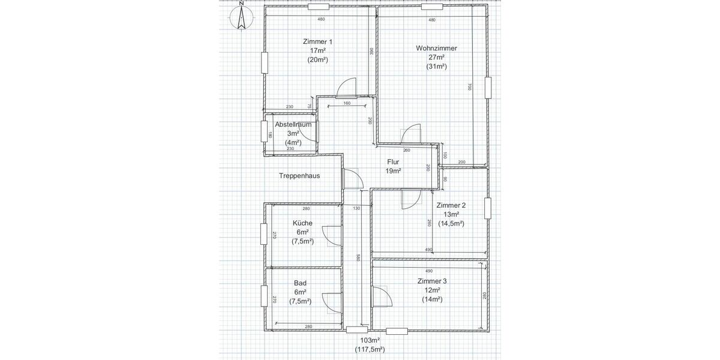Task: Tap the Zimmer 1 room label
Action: tap(317, 41)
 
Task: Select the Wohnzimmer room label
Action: tap(436, 48)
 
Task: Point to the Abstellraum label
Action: tap(293, 124)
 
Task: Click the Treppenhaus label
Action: tap(299, 176)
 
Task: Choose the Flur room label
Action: tap(393, 162)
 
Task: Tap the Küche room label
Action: tap(302, 223)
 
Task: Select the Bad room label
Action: tap(300, 283)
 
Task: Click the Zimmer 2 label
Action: tap(451, 205)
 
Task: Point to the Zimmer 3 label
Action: tap(432, 281)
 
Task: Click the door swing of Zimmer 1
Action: tap(347, 88)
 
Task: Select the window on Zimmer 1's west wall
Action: tap(264, 62)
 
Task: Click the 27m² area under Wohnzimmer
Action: tap(436, 58)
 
